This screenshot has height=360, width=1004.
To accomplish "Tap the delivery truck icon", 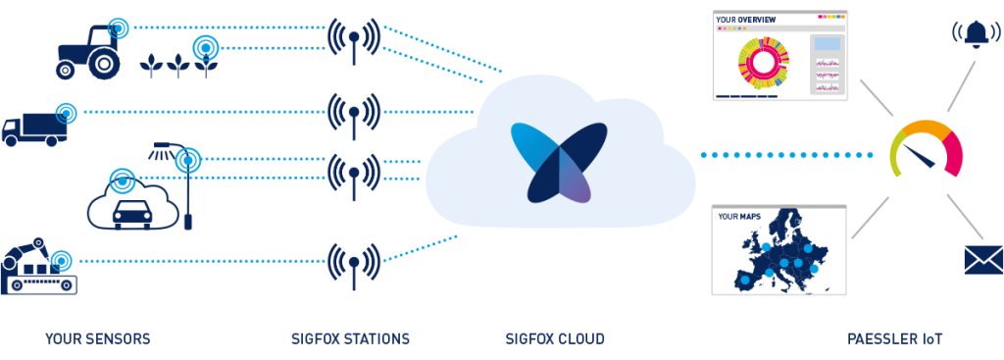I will tap(33, 127).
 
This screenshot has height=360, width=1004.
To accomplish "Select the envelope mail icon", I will tap(982, 259).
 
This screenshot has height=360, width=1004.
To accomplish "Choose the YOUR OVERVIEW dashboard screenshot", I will tap(778, 55).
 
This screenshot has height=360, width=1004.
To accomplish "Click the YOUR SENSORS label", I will tap(97, 339).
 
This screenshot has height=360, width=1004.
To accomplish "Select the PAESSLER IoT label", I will tap(895, 339).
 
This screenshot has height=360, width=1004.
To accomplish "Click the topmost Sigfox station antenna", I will tap(353, 40).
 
